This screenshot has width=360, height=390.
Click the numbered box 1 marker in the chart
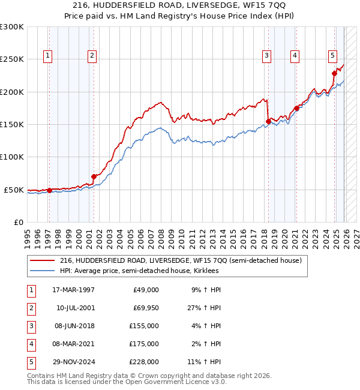[x=48, y=56]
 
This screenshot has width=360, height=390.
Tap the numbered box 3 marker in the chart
[x=266, y=56]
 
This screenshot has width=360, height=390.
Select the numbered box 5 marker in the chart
[x=332, y=56]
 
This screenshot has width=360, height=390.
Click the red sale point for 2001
[x=94, y=176]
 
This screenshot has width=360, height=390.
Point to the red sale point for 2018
[x=268, y=121]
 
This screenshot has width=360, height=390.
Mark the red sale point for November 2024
[x=334, y=74]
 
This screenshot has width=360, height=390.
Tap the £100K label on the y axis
[x=12, y=157]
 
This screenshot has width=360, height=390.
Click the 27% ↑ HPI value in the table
[x=205, y=308]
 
